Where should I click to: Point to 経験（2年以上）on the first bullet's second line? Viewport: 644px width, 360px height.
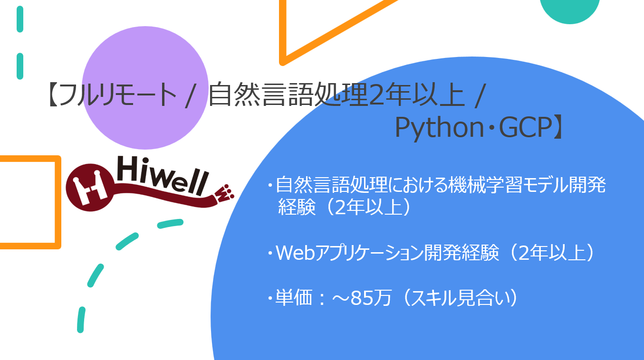point(344,208)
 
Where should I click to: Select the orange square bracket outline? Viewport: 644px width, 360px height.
point(58,202)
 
